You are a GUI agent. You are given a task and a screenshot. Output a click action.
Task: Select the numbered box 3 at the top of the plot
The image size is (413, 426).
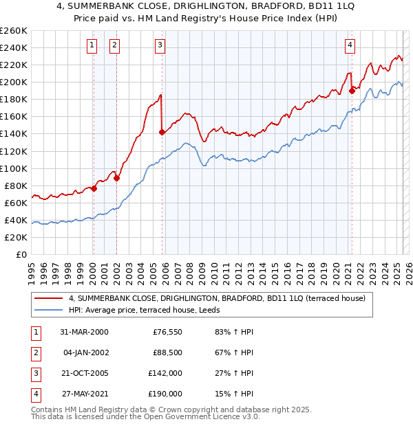160,45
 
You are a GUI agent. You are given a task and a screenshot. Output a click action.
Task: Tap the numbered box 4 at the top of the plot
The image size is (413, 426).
350,45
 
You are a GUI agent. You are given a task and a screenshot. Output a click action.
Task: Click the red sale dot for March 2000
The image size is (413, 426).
94,188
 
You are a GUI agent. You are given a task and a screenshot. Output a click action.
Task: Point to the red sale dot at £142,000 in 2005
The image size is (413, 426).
162,132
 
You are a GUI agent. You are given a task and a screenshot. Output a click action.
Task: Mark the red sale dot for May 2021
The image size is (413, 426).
352,90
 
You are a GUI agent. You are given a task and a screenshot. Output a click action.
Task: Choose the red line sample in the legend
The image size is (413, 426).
50,298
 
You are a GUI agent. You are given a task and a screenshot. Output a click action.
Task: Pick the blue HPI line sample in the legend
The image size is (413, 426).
50,310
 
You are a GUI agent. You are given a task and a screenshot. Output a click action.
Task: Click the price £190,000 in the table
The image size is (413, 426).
166,394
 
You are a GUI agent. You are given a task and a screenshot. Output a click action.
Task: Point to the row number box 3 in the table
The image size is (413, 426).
34,373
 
